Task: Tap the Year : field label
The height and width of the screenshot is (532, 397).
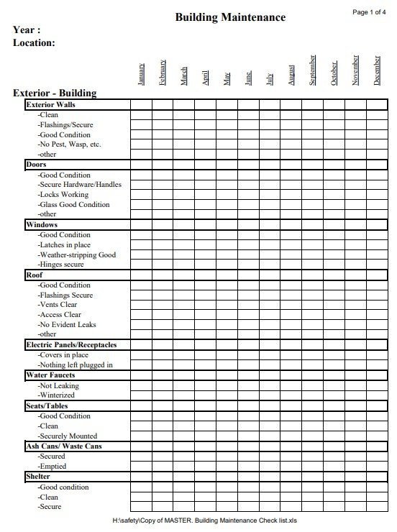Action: [27, 30]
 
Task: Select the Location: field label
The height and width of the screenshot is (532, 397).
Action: [34, 43]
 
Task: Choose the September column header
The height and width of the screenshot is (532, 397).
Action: [313, 70]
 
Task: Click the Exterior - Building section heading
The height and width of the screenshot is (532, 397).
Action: [55, 93]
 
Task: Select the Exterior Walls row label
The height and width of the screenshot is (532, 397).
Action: [50, 105]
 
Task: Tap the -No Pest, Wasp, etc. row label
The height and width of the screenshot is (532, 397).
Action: [69, 145]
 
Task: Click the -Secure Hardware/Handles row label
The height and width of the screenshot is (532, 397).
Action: [79, 185]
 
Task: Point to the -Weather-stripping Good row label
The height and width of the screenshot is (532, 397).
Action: [76, 254]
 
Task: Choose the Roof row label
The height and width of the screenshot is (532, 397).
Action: [35, 275]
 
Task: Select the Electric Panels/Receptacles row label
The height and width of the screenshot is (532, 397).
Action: [70, 344]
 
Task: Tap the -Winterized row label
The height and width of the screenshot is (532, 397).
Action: [57, 395]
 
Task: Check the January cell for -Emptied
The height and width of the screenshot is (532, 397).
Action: [141, 466]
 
